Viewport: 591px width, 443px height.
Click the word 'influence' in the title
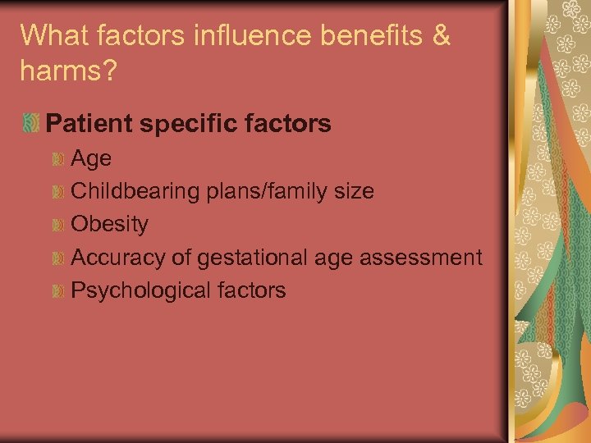209,36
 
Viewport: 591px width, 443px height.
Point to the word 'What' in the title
51,36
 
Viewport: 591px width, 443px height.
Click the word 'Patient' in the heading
89,124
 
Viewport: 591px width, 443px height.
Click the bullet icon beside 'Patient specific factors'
31,124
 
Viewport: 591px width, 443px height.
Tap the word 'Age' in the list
91,158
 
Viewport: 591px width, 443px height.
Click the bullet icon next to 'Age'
57,158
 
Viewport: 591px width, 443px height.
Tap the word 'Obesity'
110,224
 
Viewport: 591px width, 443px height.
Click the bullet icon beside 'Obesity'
57,224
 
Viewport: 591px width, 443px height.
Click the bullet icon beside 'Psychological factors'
57,290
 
